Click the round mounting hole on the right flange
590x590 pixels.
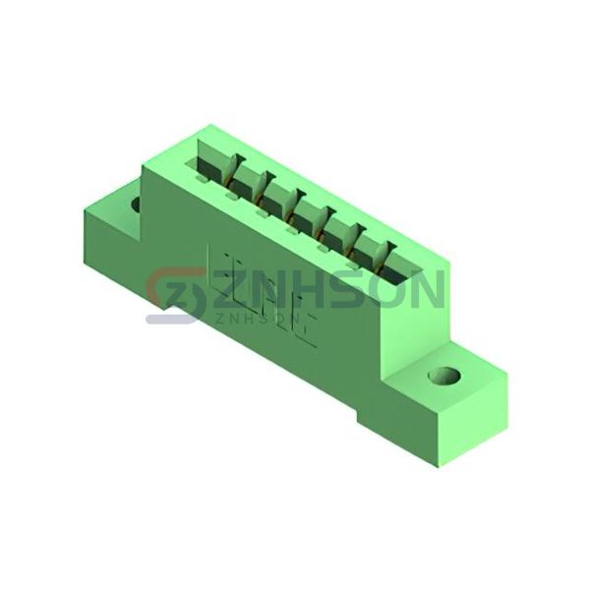(x=444, y=376)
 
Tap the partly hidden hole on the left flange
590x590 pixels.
(x=136, y=204)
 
